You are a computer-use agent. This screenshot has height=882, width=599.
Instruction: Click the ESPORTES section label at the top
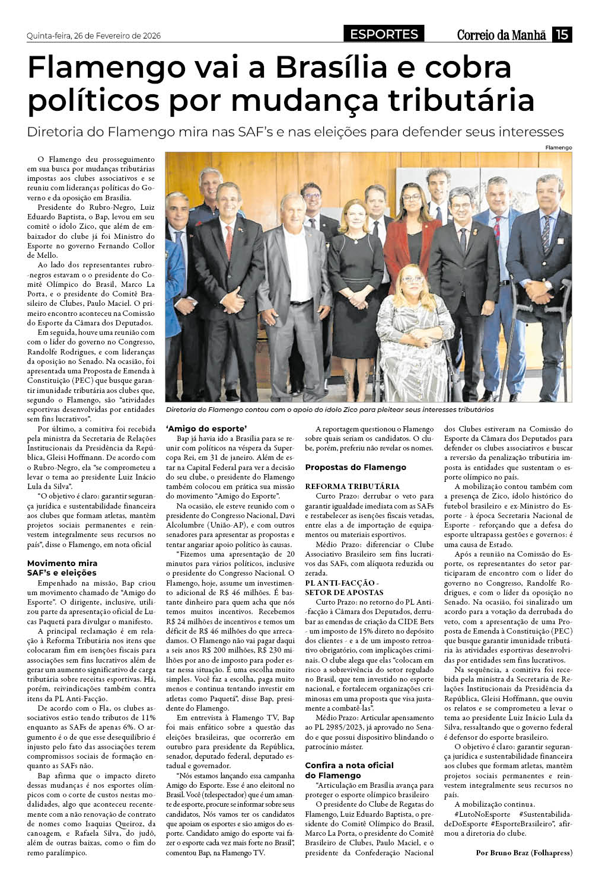pos(384,34)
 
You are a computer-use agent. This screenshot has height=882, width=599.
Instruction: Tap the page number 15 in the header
pos(562,35)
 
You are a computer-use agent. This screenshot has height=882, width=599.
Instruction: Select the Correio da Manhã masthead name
pos(501,35)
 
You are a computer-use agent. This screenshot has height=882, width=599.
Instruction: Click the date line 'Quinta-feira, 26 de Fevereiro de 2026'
pos(94,36)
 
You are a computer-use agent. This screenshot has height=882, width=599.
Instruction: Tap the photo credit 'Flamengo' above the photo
pos(559,147)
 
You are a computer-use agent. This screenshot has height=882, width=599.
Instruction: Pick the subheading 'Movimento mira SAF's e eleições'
pos(62,568)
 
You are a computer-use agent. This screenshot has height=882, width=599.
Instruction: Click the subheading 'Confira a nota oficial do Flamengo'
pos(349,770)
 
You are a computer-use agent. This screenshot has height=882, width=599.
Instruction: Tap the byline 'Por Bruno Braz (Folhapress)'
pos(524,852)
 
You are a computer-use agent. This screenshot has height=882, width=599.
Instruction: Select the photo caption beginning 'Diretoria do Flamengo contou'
pos(329,410)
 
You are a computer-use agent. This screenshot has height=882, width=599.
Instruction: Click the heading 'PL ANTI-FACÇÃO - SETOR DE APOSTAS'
pos(344,587)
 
